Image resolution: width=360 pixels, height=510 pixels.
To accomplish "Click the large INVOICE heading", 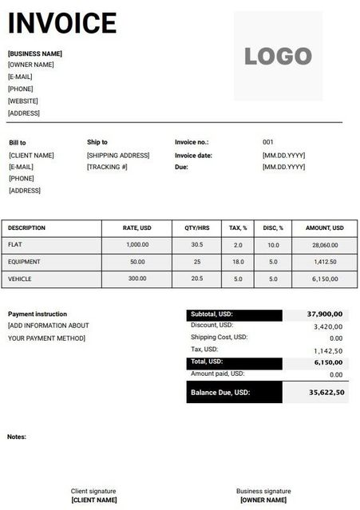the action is (x=62, y=23).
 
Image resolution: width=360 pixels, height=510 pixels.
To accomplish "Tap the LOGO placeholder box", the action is (x=278, y=56).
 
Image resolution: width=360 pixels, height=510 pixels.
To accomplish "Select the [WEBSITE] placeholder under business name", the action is (x=23, y=101).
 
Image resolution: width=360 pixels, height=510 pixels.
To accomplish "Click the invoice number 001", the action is (x=268, y=142).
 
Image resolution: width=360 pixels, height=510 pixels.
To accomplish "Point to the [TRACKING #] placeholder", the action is (x=108, y=167).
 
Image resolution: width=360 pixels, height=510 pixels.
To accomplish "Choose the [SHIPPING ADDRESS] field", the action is (x=118, y=155).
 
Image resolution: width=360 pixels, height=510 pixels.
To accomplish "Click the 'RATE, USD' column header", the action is (x=136, y=228).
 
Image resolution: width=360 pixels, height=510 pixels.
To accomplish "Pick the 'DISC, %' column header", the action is (x=273, y=228).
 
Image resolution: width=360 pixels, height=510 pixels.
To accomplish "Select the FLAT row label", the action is (x=15, y=245).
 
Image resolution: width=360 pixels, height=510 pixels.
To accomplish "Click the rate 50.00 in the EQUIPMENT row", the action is (x=137, y=262).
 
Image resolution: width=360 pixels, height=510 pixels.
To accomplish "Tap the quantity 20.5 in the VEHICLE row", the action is (x=196, y=279).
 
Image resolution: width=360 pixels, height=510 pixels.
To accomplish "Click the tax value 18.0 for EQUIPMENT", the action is (x=238, y=262).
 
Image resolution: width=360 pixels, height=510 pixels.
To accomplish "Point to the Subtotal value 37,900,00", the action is (x=325, y=314).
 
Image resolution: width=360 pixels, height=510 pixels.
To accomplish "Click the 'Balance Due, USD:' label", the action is (x=220, y=393).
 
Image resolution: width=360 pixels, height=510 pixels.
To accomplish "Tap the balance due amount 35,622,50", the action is (x=326, y=393).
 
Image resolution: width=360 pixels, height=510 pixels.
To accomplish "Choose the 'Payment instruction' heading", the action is (x=38, y=314).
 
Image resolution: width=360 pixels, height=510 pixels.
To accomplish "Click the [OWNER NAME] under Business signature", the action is (x=263, y=500).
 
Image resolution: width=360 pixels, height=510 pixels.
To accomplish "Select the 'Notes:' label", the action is (x=17, y=437).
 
